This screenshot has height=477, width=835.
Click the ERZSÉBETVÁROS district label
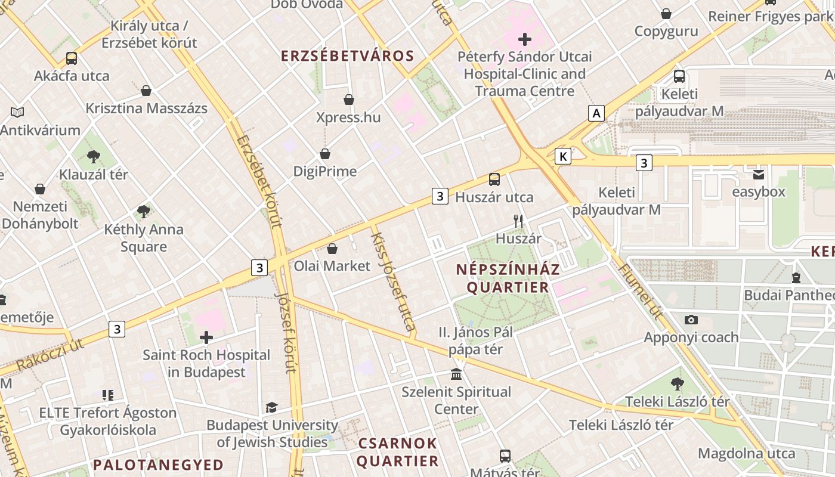[347, 56]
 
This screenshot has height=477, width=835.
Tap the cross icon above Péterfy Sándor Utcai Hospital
[525, 40]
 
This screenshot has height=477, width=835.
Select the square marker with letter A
[596, 113]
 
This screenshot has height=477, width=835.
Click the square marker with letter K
[562, 156]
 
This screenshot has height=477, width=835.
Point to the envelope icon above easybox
[759, 175]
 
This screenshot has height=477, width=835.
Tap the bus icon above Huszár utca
[494, 179]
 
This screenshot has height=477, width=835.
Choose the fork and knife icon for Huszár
[518, 221]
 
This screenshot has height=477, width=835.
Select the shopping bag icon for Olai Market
[332, 249]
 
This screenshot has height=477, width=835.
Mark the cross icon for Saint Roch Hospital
[206, 337]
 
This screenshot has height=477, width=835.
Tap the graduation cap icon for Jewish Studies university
[272, 408]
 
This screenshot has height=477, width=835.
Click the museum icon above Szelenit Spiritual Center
[456, 374]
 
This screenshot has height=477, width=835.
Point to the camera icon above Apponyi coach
[691, 320]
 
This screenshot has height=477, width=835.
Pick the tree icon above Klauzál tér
[93, 157]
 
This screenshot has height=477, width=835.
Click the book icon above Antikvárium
[18, 112]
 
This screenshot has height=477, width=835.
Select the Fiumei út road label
[641, 290]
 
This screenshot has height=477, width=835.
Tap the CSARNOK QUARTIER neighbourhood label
[398, 453]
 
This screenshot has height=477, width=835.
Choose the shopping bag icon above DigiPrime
[325, 154]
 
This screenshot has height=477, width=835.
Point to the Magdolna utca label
[746, 453]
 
